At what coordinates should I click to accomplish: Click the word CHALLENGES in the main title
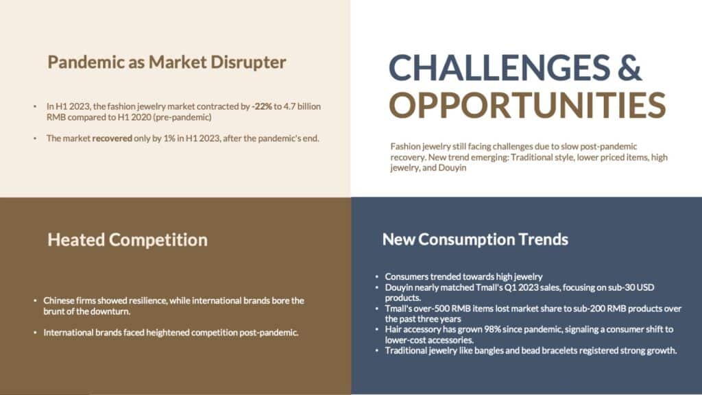[499, 67]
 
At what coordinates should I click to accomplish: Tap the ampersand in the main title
[631, 67]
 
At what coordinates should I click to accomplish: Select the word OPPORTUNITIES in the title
[527, 105]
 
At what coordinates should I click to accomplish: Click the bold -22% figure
[262, 106]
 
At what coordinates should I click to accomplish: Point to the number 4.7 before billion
[290, 106]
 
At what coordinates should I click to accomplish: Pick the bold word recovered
[112, 139]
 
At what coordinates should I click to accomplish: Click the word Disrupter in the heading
[248, 62]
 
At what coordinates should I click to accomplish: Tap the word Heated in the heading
[75, 239]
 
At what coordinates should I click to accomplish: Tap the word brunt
[53, 311]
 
